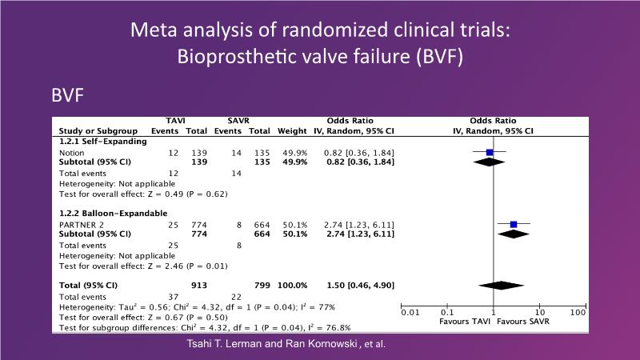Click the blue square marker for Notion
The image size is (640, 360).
[490, 151]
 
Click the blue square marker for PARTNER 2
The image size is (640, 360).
[514, 224]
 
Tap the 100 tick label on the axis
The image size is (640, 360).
[578, 312]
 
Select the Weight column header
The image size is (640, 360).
[292, 130]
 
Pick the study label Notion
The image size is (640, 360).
[72, 152]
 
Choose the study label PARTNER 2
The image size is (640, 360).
[82, 225]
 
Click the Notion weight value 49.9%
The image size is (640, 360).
[293, 152]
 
